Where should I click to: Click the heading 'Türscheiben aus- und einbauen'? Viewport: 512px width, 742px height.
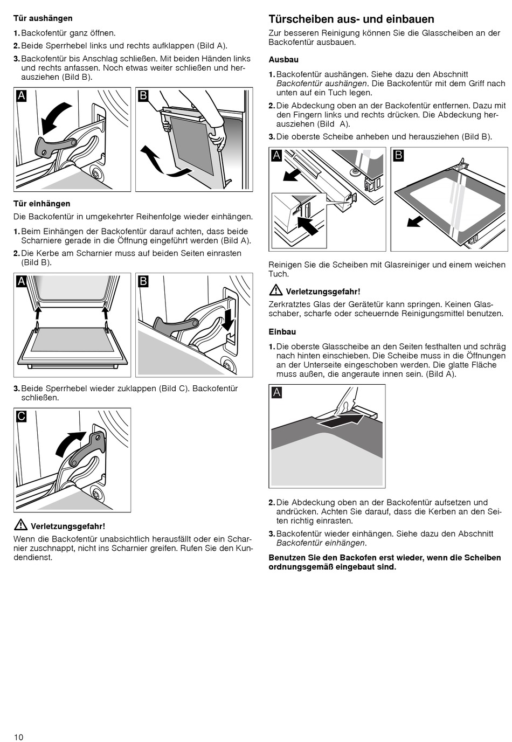point(351,19)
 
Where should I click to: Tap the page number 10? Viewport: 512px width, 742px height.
point(19,737)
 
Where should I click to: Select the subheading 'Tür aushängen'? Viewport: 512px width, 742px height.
point(43,18)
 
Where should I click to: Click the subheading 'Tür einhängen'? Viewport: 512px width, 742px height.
point(41,204)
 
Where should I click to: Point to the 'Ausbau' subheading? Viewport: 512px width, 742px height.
point(283,60)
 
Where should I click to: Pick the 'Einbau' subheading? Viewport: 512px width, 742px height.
point(282,332)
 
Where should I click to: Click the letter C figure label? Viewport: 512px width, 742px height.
point(22,416)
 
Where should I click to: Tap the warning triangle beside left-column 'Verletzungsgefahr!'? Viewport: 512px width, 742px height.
point(20,524)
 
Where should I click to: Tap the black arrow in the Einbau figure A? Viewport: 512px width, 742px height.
point(340,420)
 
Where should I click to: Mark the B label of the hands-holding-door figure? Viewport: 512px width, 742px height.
point(143,96)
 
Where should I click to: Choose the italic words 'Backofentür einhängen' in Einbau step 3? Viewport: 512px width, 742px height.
point(321,543)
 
